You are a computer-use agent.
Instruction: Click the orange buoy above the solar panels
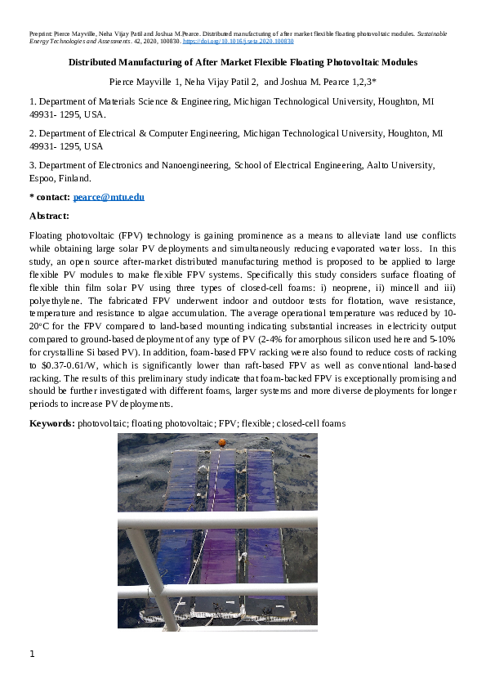[x=221, y=442]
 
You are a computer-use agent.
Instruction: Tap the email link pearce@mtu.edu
[x=109, y=198]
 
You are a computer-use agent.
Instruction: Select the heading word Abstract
[x=49, y=216]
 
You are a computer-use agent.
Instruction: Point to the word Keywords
[x=51, y=423]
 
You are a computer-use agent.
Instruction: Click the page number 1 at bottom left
[x=32, y=654]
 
